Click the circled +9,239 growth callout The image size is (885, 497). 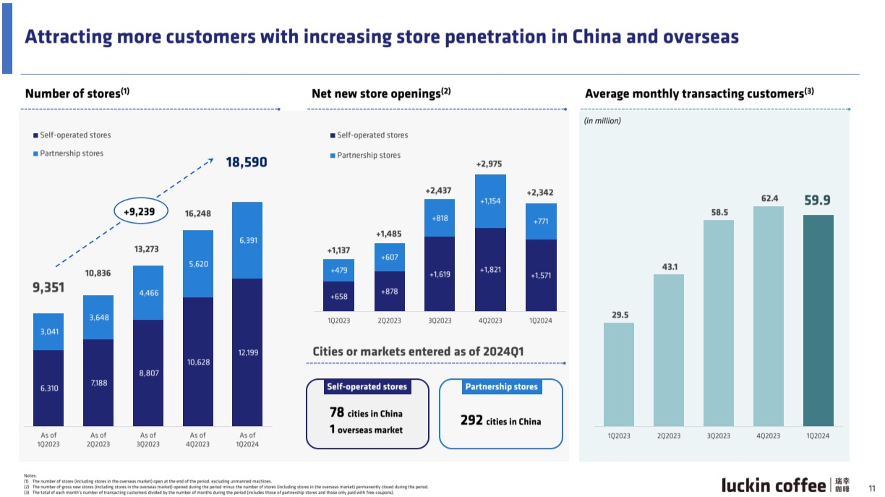pyautogui.click(x=140, y=211)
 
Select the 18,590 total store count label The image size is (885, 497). pyautogui.click(x=247, y=163)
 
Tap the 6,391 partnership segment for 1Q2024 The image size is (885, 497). pyautogui.click(x=247, y=239)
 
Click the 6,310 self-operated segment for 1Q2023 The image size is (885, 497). pyautogui.click(x=48, y=388)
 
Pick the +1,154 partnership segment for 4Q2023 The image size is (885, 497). pyautogui.click(x=490, y=201)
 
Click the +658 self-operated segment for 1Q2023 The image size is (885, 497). pyautogui.click(x=338, y=297)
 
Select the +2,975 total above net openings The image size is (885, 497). pyautogui.click(x=490, y=164)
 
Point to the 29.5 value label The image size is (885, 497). pyautogui.click(x=620, y=315)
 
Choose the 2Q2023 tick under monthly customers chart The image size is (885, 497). pyautogui.click(x=668, y=436)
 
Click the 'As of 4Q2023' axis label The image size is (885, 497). pyautogui.click(x=197, y=440)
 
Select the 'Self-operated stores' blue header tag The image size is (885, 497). pyautogui.click(x=367, y=387)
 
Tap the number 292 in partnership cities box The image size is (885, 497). pyautogui.click(x=471, y=420)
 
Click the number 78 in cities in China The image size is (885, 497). pyautogui.click(x=336, y=413)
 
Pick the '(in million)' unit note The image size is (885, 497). pyautogui.click(x=602, y=121)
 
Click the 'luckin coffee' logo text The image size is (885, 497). pyautogui.click(x=773, y=485)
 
